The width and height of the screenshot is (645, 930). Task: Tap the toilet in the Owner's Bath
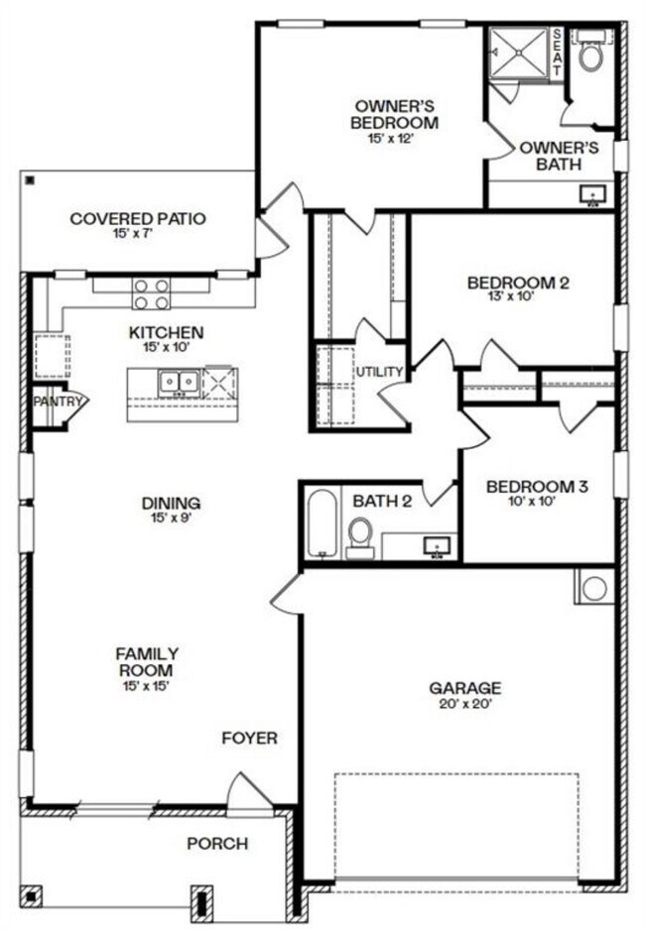coord(592,55)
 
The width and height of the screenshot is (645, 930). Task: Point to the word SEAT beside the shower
coord(557,51)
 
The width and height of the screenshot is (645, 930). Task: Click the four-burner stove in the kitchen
coord(152,295)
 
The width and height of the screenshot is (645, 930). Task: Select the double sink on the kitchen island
coord(179,380)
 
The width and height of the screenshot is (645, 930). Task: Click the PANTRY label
coord(55,402)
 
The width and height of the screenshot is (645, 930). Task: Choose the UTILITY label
coord(380,372)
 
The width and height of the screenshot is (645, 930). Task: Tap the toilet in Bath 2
coord(359,534)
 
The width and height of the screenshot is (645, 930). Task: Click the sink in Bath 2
coord(435,544)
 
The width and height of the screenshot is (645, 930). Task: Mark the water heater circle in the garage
coord(594,588)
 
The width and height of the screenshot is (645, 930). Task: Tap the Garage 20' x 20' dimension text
coord(464,704)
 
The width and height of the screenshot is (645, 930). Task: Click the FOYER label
coord(249,738)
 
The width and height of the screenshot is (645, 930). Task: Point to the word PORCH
coord(217,843)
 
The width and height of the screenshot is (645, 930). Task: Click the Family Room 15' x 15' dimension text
coord(147,685)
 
